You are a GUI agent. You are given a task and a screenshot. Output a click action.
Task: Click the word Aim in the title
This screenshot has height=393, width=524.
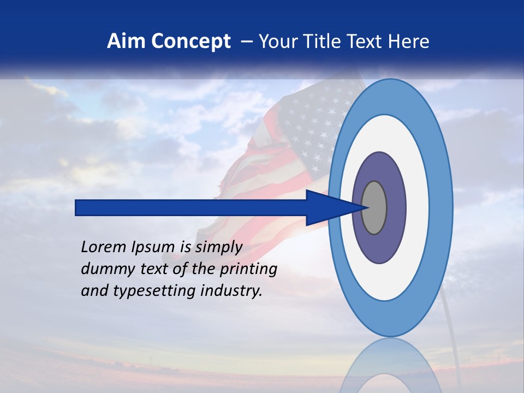pyautogui.click(x=126, y=41)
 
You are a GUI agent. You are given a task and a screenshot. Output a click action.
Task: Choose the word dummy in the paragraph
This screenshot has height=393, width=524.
pyautogui.click(x=103, y=269)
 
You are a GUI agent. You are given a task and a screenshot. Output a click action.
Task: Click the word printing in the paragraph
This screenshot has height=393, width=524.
pyautogui.click(x=248, y=270)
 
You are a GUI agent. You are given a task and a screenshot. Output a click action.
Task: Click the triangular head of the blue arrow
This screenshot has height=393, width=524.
pyautogui.click(x=327, y=208)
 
